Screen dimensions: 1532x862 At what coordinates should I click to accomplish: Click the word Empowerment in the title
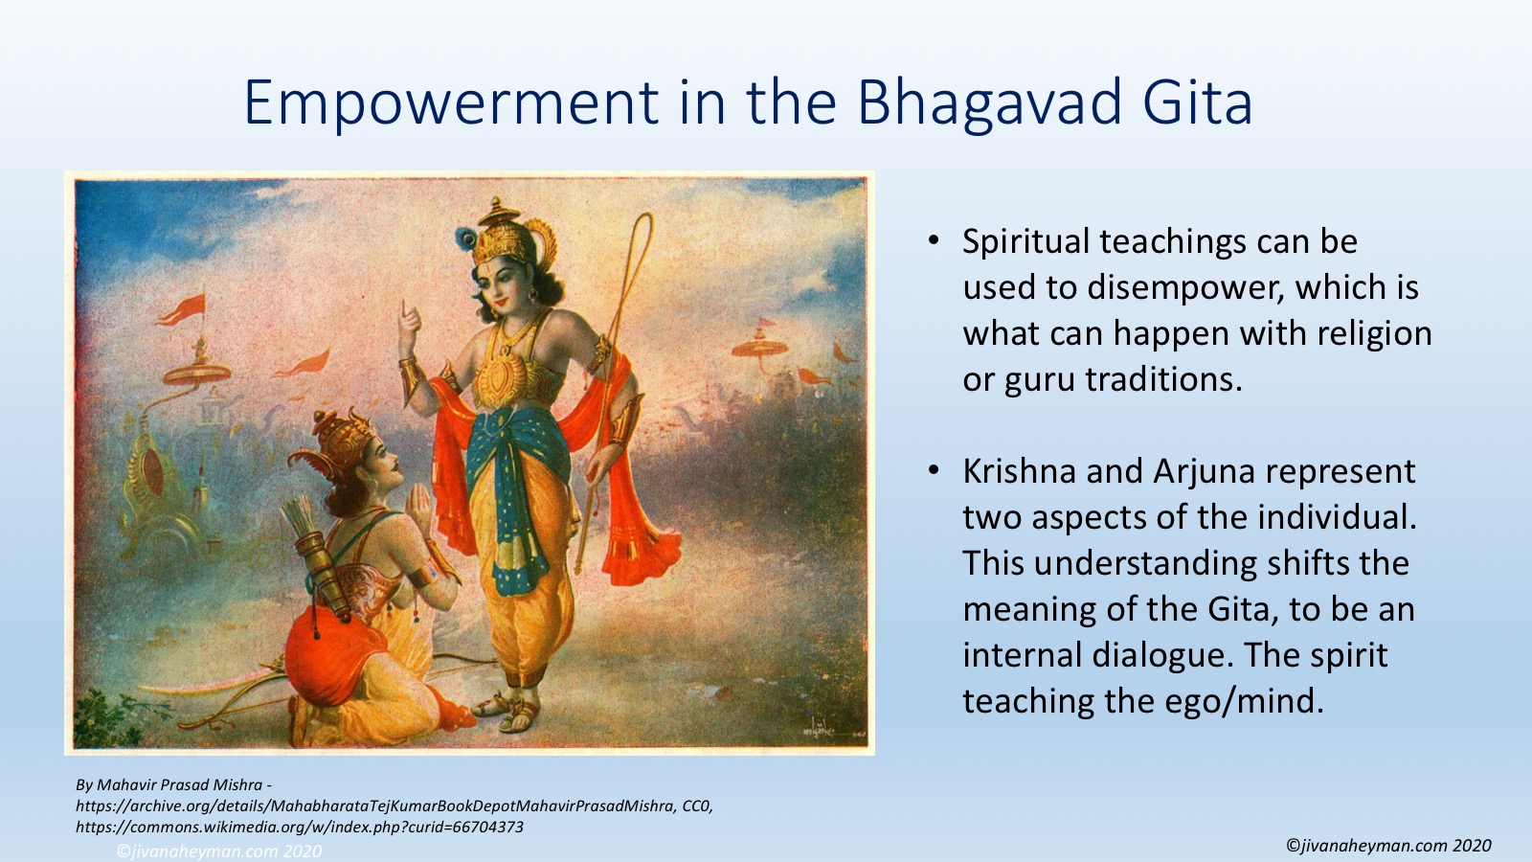coord(451,102)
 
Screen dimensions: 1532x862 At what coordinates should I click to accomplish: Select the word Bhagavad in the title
coord(989,102)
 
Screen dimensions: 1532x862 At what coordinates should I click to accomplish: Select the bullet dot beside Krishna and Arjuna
coord(934,470)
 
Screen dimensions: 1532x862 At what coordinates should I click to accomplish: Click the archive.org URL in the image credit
coord(394,805)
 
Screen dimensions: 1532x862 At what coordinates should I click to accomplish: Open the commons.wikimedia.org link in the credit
coord(300,828)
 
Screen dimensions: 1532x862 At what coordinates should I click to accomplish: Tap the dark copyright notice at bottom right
coord(1388,846)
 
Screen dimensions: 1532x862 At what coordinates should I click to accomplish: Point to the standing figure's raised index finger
coord(406,312)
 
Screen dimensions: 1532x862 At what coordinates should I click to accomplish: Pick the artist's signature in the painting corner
coord(821,730)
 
